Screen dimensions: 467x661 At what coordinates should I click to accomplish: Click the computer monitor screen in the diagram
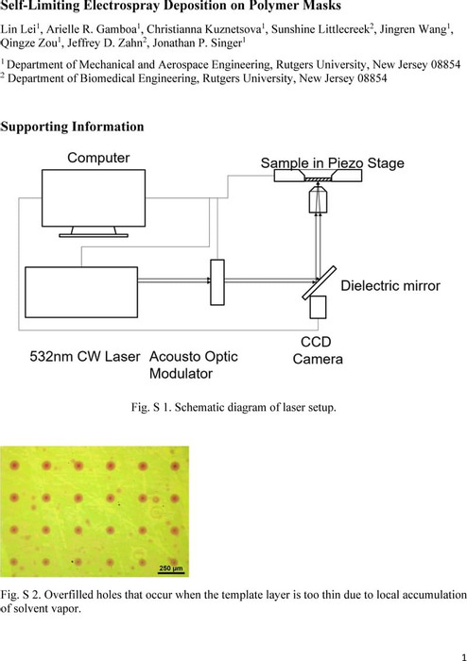[94, 198]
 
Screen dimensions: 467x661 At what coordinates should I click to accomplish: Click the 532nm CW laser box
[81, 292]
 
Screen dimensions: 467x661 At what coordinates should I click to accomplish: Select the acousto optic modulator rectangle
[217, 282]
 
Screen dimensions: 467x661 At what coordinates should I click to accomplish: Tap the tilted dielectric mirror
[320, 283]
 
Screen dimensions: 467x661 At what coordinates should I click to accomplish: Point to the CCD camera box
[318, 307]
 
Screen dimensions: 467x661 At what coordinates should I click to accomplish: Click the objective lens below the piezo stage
[319, 200]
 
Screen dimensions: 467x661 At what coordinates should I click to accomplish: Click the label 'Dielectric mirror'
[390, 285]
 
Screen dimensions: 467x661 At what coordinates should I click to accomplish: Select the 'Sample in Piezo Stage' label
[333, 163]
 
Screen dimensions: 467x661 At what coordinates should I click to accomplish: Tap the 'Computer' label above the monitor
[98, 158]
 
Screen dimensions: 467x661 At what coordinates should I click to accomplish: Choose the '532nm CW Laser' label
[85, 357]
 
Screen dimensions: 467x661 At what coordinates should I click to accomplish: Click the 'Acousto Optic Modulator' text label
[194, 365]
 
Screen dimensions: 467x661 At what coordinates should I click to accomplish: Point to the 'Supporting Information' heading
[72, 127]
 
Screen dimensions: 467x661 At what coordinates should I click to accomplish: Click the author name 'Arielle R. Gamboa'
[93, 29]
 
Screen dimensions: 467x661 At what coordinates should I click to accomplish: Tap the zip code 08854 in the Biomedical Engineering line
[372, 78]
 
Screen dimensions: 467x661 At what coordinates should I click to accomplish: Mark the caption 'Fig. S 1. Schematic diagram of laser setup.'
[233, 407]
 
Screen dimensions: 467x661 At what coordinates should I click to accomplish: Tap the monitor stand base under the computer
[94, 235]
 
